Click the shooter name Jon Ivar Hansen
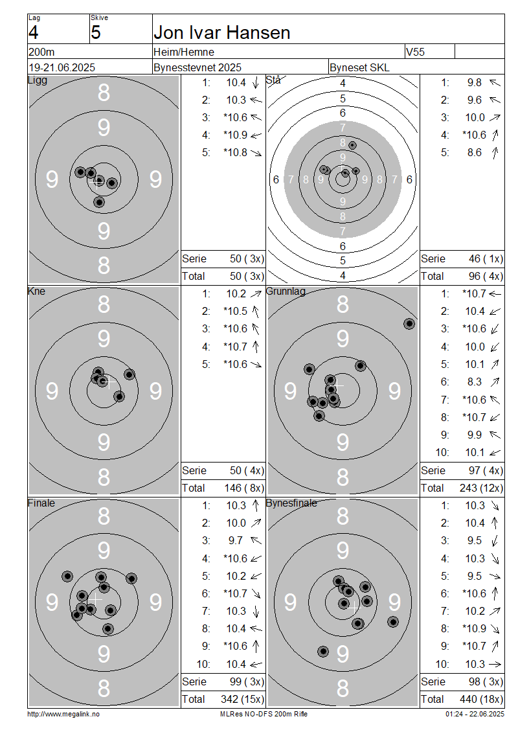[221, 32]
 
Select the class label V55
[415, 52]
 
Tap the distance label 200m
[41, 52]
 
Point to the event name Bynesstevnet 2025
[197, 67]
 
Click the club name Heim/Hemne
[184, 52]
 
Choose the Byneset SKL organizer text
[359, 67]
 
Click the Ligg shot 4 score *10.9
[235, 135]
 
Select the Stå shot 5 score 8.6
[474, 153]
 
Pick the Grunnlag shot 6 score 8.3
[474, 382]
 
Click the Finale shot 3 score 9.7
[235, 541]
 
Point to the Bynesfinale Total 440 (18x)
[481, 699]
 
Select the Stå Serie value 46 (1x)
[486, 258]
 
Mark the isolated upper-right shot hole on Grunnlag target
[409, 323]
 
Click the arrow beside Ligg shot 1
[256, 83]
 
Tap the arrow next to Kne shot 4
[256, 347]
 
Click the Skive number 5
[96, 32]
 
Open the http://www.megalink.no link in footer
[63, 714]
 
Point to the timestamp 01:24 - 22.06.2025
[475, 714]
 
